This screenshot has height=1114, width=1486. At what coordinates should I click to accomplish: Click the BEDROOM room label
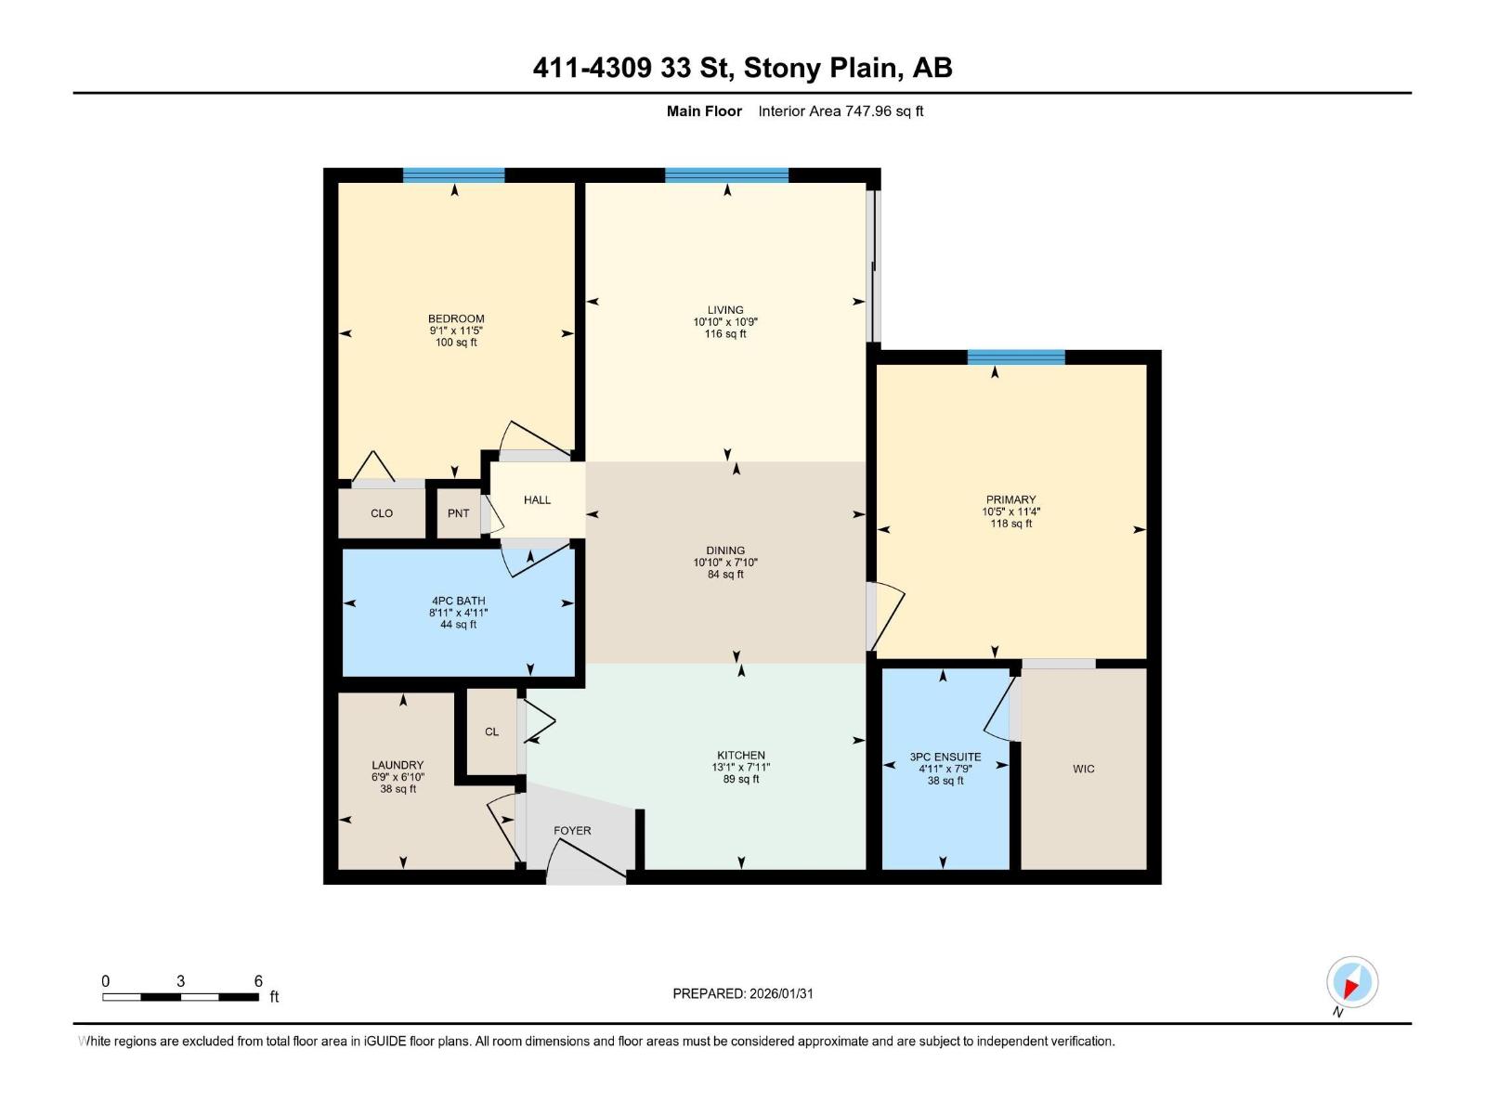coord(456,318)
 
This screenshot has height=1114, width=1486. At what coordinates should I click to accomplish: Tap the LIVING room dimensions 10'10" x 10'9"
coord(725,322)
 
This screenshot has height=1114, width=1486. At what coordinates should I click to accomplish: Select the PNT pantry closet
coord(458,513)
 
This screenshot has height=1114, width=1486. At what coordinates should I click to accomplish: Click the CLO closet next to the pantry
coord(382,513)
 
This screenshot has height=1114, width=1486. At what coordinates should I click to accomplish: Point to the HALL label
coord(537,499)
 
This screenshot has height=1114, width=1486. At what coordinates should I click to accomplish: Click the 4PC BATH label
coord(458,601)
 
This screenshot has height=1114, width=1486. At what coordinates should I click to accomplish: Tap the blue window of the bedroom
coord(453,175)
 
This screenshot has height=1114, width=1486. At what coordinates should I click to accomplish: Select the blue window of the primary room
coord(1015,356)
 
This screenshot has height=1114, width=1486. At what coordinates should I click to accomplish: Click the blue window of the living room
coord(726,175)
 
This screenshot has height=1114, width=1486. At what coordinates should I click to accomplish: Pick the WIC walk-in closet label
coord(1083,769)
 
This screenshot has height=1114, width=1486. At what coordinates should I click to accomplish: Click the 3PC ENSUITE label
coord(945,757)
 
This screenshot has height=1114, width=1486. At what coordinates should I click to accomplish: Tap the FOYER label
coord(572,831)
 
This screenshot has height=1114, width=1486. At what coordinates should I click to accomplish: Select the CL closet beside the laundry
coord(491,732)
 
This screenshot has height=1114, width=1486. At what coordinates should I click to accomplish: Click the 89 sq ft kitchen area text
coord(741,779)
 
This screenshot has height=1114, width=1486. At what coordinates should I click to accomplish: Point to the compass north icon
coord(1351,982)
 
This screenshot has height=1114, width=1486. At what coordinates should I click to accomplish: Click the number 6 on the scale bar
coord(258,981)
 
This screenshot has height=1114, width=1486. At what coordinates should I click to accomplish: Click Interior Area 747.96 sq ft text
coord(841,111)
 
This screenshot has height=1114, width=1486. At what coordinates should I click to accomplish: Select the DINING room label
coord(725,551)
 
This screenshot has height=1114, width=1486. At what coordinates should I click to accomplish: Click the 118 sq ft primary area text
coord(1010,524)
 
